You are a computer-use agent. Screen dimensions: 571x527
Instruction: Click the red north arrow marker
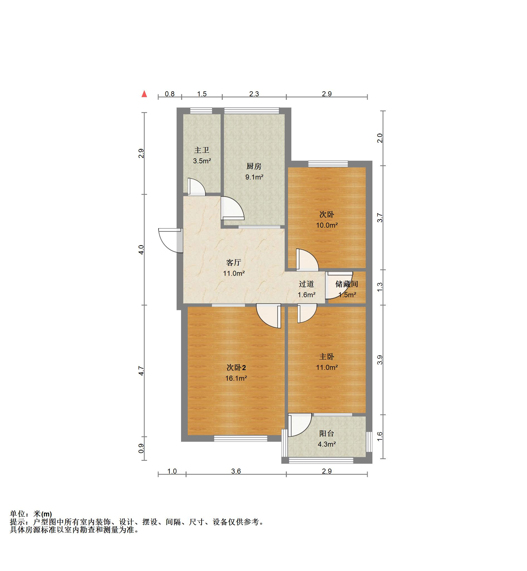[144, 94]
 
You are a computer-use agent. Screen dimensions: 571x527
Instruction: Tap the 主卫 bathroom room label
[202, 150]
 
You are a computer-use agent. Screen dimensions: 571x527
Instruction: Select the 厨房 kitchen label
[254, 166]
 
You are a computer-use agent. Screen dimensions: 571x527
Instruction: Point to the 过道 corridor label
[307, 284]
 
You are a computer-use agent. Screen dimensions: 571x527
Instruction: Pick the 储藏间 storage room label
[347, 284]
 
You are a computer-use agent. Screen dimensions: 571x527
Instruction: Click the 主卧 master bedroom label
[326, 356]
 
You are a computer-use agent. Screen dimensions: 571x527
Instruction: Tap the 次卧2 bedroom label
[236, 368]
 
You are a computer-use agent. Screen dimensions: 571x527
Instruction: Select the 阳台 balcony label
[326, 433]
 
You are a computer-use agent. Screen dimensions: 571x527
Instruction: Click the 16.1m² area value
[236, 378]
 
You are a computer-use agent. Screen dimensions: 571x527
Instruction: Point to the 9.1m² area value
[254, 177]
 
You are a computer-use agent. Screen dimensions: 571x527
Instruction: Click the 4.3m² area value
[326, 444]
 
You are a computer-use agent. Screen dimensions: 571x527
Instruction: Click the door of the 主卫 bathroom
[196, 187]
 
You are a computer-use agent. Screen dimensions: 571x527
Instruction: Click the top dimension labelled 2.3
[254, 94]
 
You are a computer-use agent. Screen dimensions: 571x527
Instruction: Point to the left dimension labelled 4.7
[141, 371]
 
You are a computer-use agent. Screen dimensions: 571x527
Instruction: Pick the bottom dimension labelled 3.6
[236, 471]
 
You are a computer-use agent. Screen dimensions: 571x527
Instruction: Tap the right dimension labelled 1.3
[380, 287]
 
